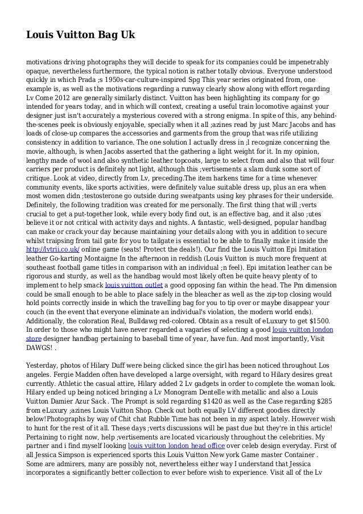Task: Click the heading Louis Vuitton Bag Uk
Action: pyautogui.click(x=80, y=35)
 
